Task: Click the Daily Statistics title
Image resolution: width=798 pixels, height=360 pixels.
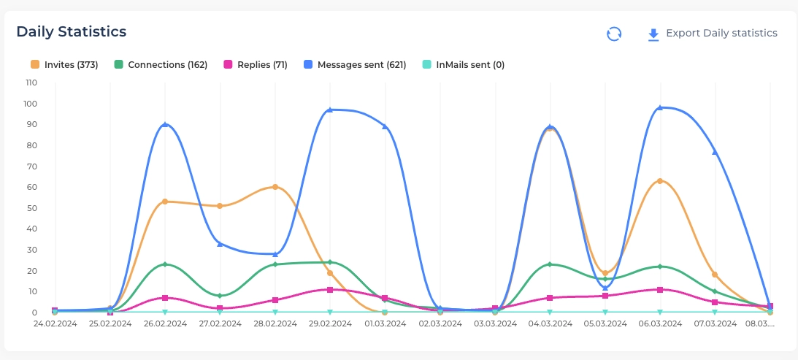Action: click(72, 31)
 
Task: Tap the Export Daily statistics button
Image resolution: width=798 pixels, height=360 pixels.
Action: click(712, 34)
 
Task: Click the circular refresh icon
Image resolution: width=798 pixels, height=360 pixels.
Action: click(614, 34)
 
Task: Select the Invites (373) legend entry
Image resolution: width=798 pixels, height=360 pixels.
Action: click(64, 65)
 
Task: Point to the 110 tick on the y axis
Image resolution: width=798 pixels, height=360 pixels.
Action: click(31, 83)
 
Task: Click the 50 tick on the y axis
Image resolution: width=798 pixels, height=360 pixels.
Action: click(32, 208)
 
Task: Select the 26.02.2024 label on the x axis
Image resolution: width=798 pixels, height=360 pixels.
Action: click(165, 323)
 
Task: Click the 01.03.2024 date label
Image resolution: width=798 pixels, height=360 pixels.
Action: click(385, 323)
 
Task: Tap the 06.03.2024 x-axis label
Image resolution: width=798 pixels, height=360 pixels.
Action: click(660, 323)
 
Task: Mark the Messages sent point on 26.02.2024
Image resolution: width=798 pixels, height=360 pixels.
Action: click(165, 125)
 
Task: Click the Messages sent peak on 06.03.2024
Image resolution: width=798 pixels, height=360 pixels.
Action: click(660, 108)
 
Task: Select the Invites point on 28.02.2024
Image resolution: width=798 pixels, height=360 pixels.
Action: click(275, 187)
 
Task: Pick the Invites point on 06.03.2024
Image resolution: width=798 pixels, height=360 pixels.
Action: click(660, 181)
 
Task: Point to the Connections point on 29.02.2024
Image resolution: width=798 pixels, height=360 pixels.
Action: click(330, 262)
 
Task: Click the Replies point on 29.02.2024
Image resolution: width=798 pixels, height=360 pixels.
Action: click(330, 290)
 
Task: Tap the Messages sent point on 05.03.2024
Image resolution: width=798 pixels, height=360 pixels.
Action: click(605, 288)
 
